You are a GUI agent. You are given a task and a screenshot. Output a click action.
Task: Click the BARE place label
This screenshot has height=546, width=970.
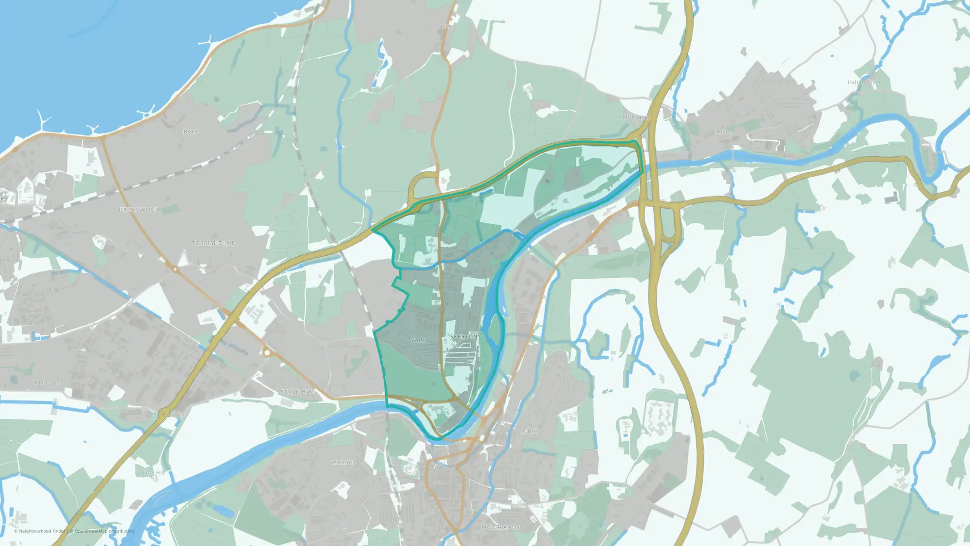191,132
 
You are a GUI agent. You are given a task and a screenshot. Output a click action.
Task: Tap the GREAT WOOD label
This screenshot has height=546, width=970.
139,210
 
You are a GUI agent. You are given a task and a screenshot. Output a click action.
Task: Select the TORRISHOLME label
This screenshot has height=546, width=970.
213,243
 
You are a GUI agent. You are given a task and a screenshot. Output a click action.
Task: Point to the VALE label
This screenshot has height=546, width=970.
418,341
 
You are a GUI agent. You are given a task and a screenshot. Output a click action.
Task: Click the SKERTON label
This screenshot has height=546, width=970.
464,337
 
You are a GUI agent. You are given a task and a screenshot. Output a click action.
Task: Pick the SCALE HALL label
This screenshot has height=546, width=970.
298,392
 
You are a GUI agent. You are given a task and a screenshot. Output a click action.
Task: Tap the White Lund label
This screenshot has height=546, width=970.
48,383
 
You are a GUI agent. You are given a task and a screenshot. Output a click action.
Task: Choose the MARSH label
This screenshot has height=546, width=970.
342,463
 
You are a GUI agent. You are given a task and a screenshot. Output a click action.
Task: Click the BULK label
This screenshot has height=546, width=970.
529,431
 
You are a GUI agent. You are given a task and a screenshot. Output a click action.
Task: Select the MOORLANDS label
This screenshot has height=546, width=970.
501,527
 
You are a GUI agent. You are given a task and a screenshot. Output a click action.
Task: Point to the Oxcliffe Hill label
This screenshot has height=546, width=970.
150,473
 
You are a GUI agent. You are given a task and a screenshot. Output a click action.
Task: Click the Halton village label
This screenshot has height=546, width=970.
724,132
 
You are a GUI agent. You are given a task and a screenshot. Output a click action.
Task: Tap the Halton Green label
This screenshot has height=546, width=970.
865,83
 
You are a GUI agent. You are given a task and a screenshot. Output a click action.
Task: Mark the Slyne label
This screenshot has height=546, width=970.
445,26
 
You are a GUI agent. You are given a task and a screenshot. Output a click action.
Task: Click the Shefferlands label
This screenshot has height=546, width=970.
634,117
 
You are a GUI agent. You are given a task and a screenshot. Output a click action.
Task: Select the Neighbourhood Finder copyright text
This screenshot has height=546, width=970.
40,531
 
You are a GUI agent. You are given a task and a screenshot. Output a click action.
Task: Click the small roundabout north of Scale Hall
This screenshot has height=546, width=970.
266,352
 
